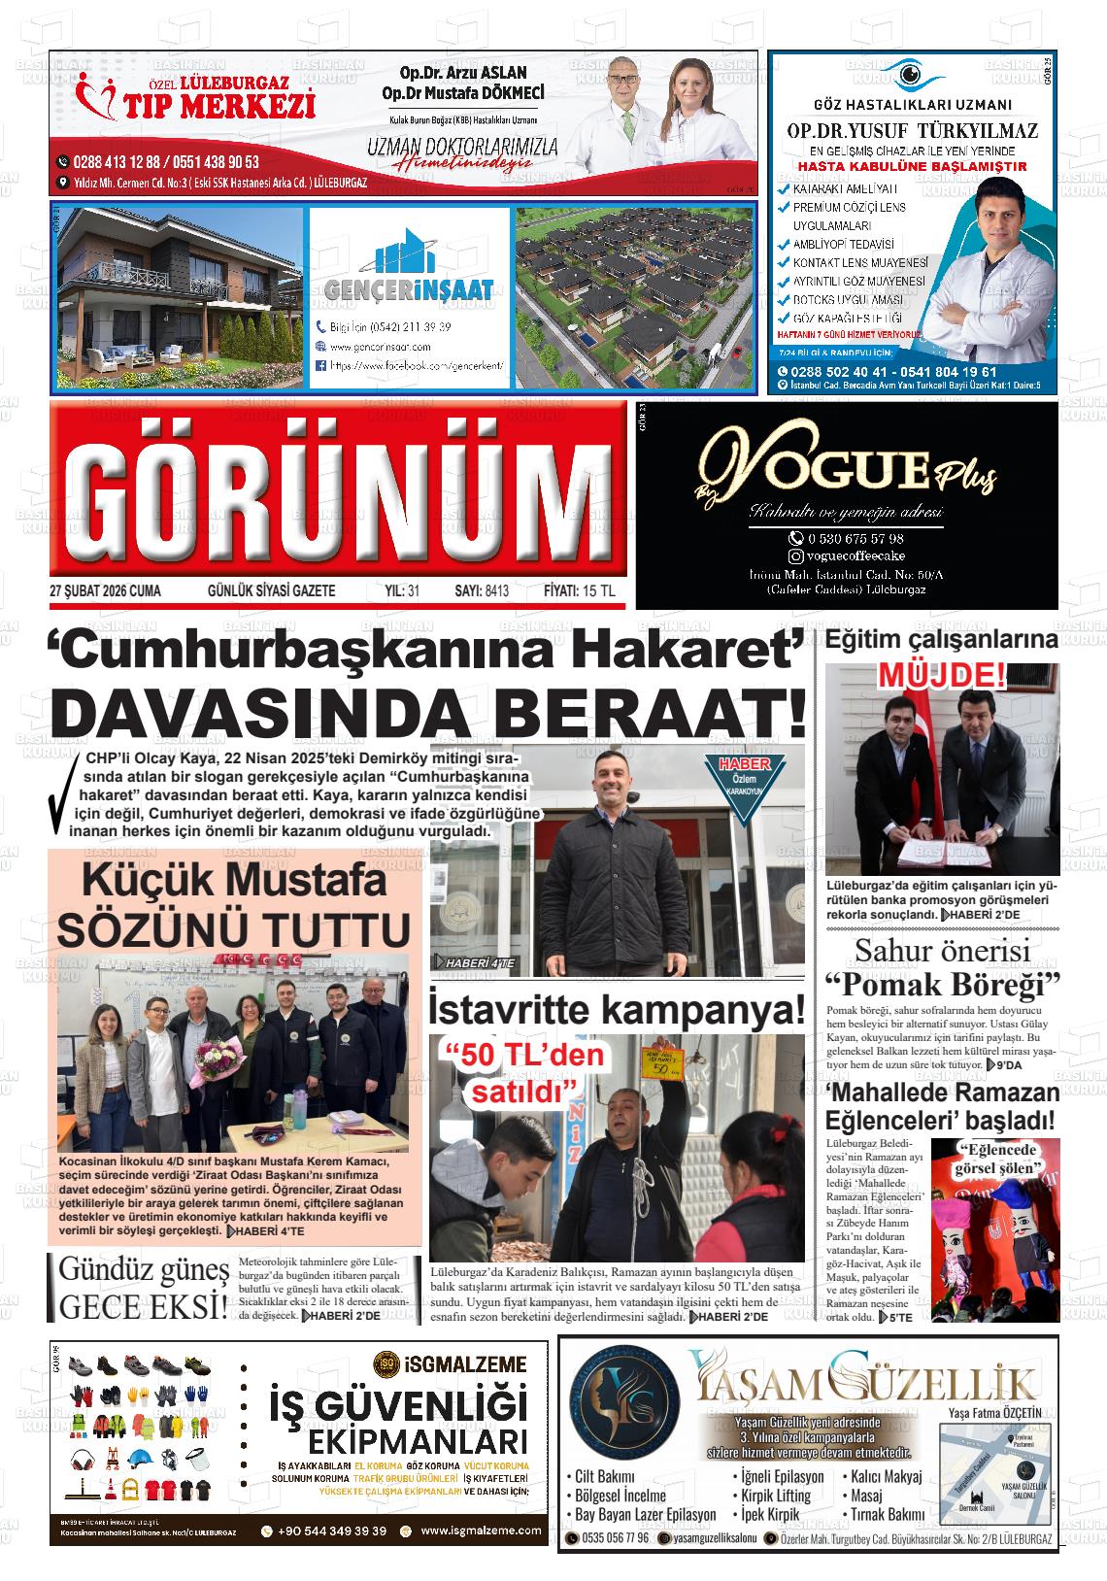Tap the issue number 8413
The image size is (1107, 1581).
[495, 591]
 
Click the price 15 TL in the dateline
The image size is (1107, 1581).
[601, 591]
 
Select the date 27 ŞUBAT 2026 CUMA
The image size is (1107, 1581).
[105, 591]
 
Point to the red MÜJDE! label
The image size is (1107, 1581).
[941, 675]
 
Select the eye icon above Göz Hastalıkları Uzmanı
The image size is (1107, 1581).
[910, 74]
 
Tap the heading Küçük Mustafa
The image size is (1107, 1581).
[233, 882]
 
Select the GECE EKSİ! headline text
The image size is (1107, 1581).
[144, 1306]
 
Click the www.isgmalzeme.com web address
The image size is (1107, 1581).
[482, 1531]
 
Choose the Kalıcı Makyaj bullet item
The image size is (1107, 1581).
[887, 1477]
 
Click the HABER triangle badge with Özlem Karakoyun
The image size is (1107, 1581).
[743, 785]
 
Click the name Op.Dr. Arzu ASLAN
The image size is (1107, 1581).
[463, 73]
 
